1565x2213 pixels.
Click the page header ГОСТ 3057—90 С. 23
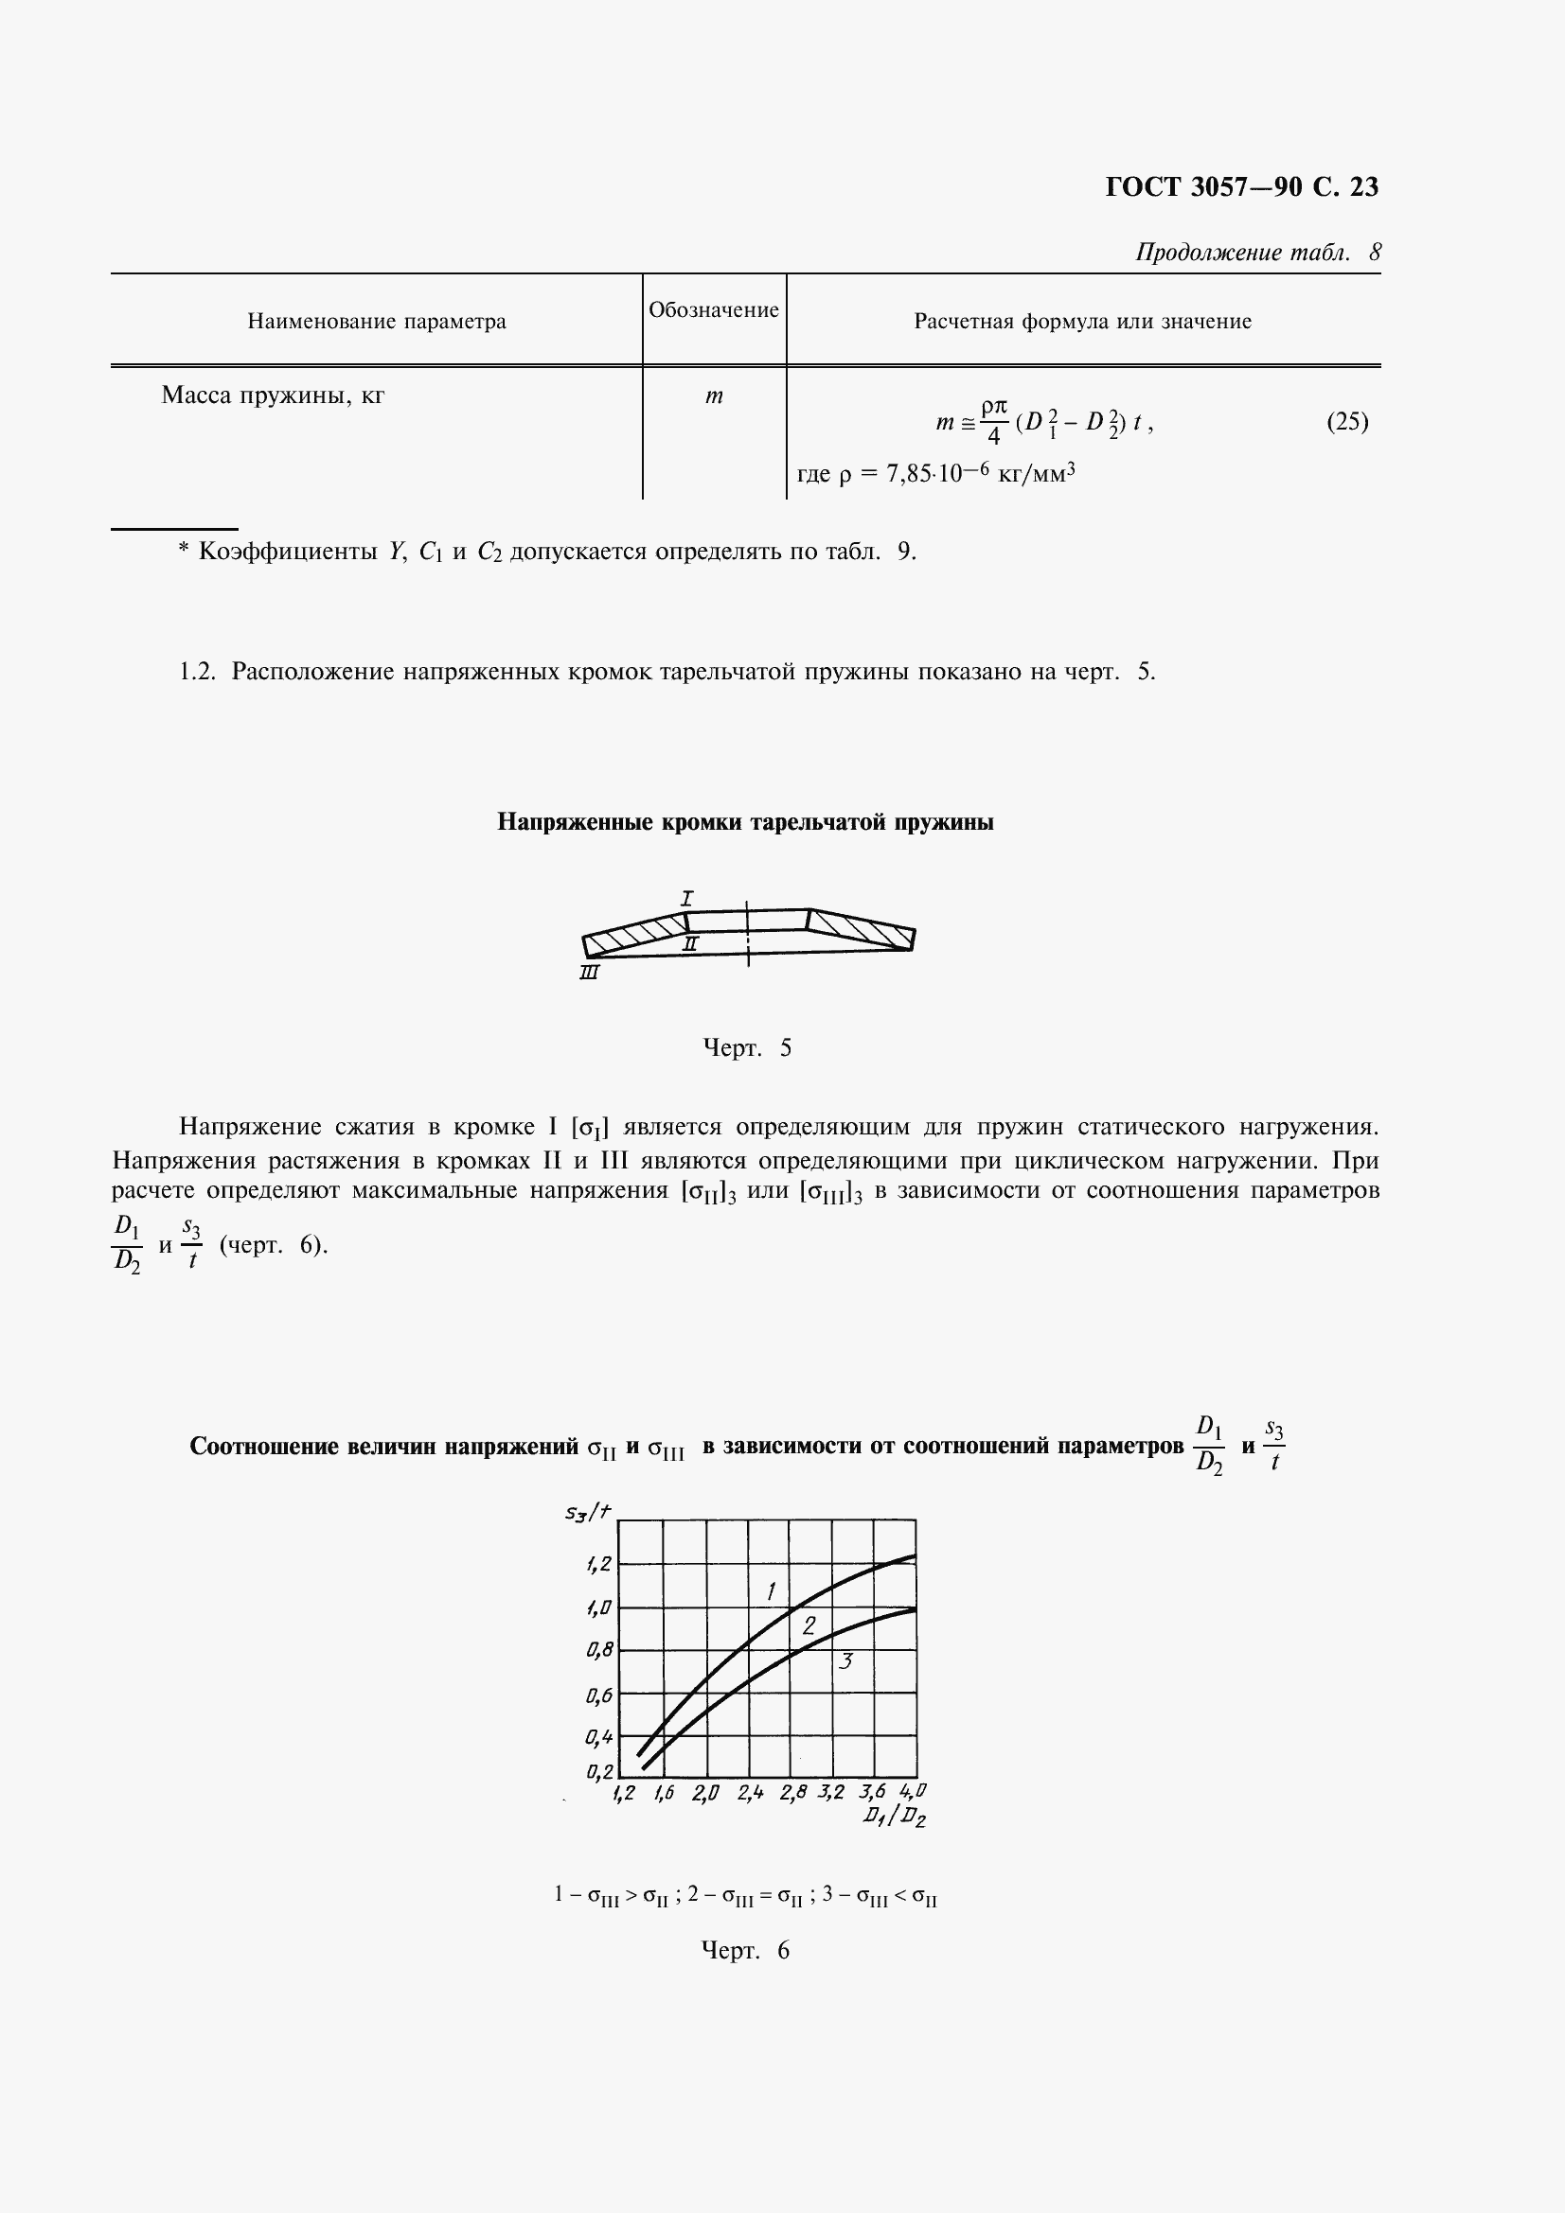click(1241, 187)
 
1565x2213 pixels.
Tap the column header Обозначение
click(714, 310)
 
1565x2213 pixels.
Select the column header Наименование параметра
click(376, 322)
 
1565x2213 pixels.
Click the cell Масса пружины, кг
click(273, 395)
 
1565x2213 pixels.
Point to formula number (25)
click(1347, 421)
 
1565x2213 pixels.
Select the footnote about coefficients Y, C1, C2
click(546, 552)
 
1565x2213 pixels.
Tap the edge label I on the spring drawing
click(687, 898)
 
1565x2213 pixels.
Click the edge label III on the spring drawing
click(589, 974)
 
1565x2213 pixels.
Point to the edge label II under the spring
click(689, 944)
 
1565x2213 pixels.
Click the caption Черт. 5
click(747, 1047)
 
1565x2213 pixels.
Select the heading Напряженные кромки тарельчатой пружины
click(745, 822)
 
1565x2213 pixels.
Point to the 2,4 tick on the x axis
click(750, 1793)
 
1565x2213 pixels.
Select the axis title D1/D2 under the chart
click(895, 1818)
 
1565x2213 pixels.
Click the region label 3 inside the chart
click(845, 1661)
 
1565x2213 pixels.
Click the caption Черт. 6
click(744, 1951)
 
